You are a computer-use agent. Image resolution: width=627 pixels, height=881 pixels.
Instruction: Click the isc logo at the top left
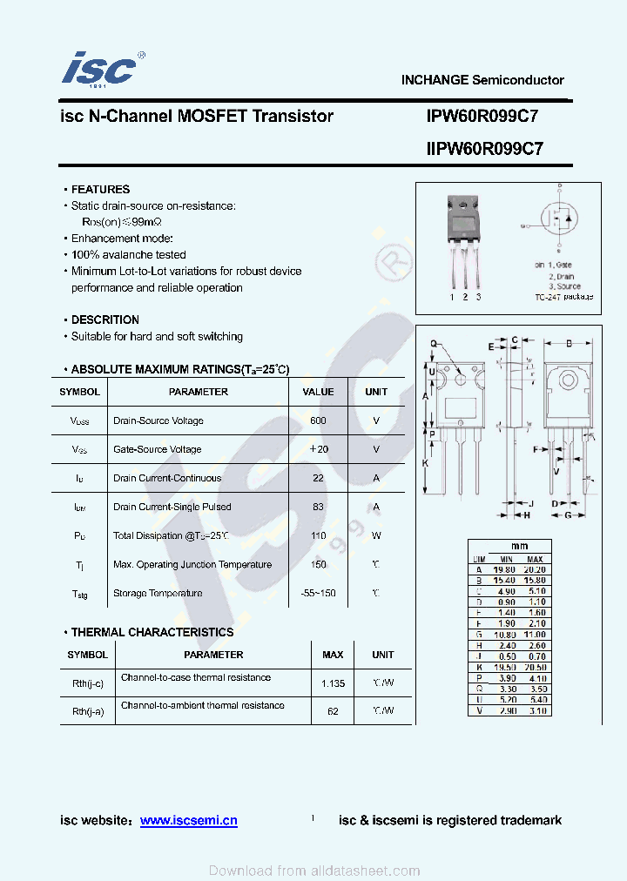coord(99,68)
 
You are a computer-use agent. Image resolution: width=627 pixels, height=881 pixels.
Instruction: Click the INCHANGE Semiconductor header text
coord(482,80)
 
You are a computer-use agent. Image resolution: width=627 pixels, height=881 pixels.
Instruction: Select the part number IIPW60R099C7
coord(484,149)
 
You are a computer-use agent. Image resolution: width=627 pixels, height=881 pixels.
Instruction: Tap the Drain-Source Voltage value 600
coord(318,420)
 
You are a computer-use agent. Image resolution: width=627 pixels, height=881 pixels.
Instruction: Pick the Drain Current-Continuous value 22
coord(318,478)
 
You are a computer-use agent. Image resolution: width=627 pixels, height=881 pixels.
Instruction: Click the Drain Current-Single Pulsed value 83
coord(318,507)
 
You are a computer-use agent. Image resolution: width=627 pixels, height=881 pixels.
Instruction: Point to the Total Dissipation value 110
coord(318,536)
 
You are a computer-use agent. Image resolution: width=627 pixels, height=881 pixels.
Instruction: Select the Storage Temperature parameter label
coord(158,594)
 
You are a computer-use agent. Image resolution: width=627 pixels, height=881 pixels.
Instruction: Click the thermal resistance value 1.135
coord(333,683)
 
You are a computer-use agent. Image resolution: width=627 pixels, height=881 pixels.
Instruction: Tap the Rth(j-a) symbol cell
coord(88,711)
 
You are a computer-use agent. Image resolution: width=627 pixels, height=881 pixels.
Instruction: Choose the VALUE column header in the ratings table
coord(318,392)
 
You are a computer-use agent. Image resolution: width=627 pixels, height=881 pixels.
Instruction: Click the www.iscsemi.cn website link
coord(188,820)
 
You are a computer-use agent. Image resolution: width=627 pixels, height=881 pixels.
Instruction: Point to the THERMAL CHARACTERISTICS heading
coord(152,632)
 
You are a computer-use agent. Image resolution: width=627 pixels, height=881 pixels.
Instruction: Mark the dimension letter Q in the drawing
coord(432,344)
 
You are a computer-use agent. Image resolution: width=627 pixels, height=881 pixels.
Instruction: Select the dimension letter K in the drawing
coord(425,463)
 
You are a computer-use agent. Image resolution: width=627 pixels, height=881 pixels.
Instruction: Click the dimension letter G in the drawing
coord(568,515)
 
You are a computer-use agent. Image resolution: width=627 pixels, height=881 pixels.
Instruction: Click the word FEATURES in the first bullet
coord(100,189)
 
